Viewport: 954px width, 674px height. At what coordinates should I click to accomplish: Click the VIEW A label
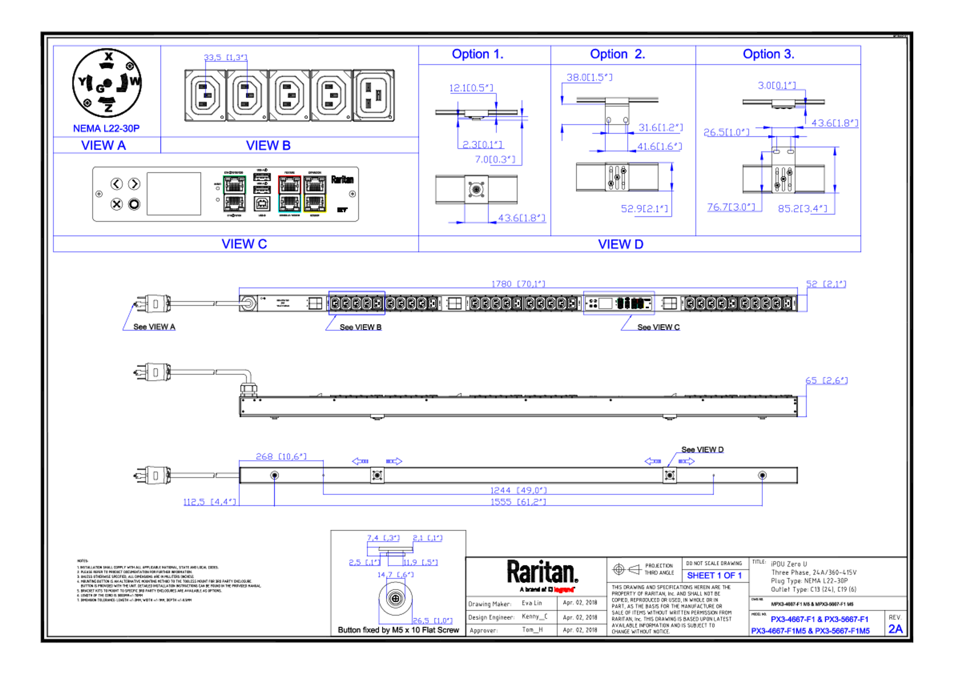click(104, 145)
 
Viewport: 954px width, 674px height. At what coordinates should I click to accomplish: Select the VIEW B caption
click(268, 145)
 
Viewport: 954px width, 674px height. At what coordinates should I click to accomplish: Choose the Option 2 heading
click(617, 54)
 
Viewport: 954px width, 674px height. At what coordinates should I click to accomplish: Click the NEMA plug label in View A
click(107, 128)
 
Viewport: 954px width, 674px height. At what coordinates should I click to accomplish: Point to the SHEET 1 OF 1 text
click(714, 576)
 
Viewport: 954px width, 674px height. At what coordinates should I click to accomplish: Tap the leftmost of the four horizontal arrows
click(360, 461)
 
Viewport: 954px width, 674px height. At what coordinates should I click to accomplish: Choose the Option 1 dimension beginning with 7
click(495, 159)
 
